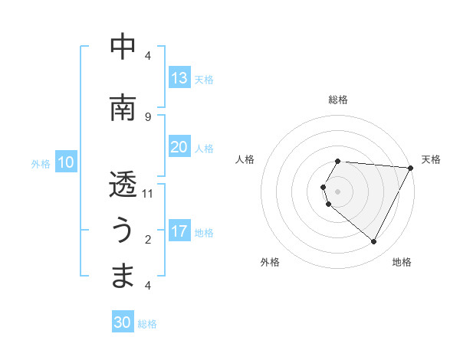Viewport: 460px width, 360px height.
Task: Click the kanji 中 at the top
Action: [123, 47]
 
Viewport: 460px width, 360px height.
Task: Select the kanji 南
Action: [123, 108]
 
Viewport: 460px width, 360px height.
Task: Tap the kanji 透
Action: [123, 185]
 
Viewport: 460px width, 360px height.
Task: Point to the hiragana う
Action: [123, 231]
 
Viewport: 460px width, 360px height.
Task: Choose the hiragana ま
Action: [123, 276]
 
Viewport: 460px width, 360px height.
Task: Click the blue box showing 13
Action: [179, 78]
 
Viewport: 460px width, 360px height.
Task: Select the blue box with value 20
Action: [179, 147]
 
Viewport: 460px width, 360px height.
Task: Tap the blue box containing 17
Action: [179, 231]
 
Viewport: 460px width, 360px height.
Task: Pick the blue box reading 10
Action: [66, 162]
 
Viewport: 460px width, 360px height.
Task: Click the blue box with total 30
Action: [123, 322]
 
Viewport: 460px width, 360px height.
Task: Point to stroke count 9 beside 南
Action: [148, 116]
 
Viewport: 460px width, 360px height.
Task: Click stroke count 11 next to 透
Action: [148, 193]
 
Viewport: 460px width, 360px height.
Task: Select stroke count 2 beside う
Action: [148, 239]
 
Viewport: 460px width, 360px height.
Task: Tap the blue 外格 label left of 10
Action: [41, 163]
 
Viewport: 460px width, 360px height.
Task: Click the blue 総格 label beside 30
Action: [148, 324]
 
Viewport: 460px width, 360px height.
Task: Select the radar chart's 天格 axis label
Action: [432, 159]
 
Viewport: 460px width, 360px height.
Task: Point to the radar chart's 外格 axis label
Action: [270, 262]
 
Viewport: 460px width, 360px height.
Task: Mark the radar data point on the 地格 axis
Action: [374, 242]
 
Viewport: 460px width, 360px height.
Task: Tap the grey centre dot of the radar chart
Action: [338, 191]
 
